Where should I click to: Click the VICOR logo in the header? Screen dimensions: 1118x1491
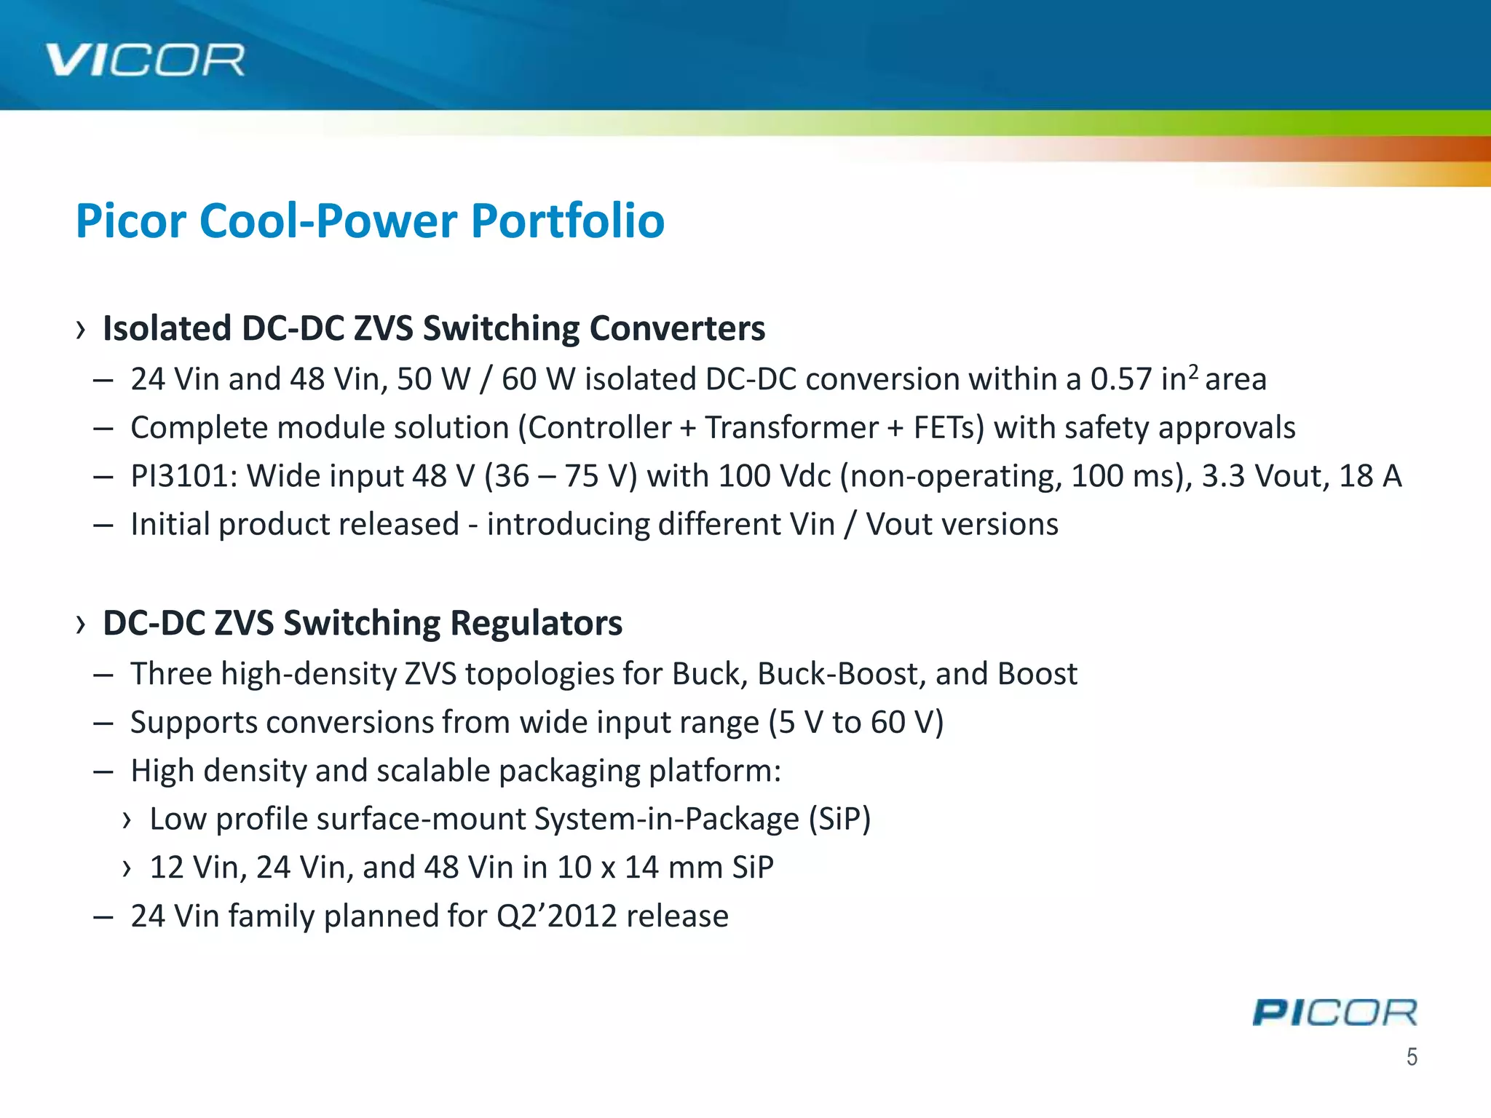click(145, 60)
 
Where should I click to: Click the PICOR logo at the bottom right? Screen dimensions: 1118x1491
click(1334, 1012)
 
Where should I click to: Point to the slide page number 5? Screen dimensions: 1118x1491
click(1412, 1056)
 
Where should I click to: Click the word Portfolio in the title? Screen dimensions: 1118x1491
click(567, 221)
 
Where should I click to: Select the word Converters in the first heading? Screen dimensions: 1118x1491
click(677, 328)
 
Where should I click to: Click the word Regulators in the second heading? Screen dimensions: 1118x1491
click(536, 623)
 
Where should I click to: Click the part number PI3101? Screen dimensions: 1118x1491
click(183, 476)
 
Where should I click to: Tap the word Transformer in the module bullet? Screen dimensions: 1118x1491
click(791, 428)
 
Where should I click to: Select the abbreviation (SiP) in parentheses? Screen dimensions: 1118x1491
click(839, 819)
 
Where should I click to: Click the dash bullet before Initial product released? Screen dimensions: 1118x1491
click(103, 525)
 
